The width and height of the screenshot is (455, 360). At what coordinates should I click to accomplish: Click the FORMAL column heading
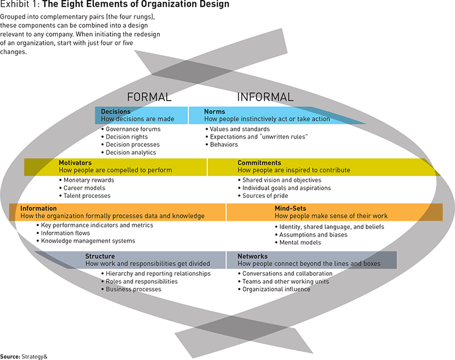149,97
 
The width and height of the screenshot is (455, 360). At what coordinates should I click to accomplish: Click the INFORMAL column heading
265,97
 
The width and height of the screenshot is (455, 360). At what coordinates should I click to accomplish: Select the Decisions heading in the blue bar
115,111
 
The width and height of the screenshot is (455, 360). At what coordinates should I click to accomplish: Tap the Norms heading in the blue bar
214,111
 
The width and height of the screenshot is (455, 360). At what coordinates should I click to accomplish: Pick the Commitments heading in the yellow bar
259,163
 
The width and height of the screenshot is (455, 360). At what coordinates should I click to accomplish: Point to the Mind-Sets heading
291,209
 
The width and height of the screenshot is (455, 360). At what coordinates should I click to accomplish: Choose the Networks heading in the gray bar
253,256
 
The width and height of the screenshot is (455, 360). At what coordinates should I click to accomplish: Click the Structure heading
100,256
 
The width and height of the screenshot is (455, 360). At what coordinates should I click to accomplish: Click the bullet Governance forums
133,129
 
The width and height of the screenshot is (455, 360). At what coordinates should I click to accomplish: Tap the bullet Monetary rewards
88,180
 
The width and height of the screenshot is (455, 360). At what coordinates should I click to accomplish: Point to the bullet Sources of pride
266,196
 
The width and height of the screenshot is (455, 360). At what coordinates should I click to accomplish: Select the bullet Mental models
300,242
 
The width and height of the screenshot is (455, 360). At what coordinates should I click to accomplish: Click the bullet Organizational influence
276,289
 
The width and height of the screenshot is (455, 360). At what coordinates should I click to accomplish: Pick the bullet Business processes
134,289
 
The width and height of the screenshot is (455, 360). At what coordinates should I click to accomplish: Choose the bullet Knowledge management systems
88,241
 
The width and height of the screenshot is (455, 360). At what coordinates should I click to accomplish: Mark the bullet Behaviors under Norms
224,144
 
